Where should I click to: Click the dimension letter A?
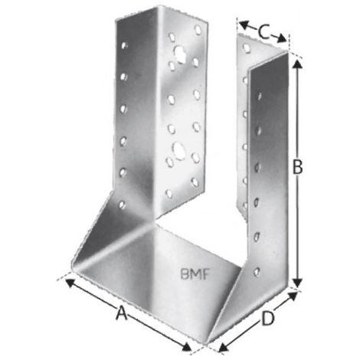122,313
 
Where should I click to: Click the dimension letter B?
297,167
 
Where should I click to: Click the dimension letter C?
263,32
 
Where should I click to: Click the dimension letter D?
268,319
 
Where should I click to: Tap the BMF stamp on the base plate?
195,274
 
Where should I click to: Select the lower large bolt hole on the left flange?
179,151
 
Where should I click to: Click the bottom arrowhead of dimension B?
296,283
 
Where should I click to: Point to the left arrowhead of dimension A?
70,283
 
